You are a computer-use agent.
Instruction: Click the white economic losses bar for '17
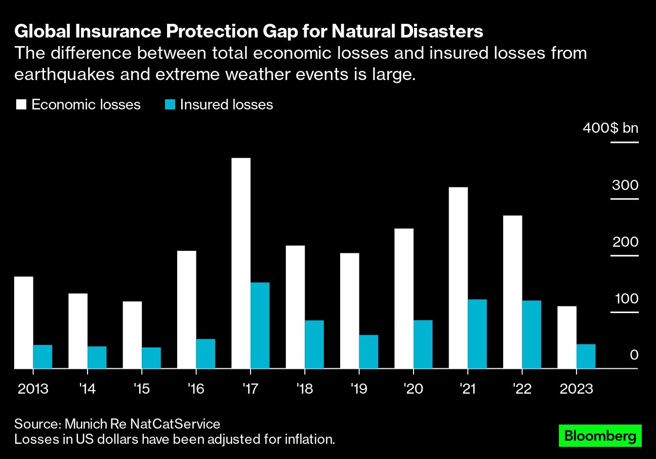point(241,263)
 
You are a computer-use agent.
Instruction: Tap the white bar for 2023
point(567,337)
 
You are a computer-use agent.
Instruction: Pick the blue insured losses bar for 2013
point(43,356)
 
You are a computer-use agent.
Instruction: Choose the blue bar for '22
point(531,334)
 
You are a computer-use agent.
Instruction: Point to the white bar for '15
point(132,335)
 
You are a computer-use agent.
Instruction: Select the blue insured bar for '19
point(368,351)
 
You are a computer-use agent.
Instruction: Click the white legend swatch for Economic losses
point(21,105)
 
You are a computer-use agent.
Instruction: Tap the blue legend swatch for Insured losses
point(170,105)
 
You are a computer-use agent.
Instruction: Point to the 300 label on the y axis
point(625,185)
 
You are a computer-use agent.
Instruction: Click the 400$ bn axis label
point(610,128)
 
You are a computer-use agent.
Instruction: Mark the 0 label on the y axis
point(634,355)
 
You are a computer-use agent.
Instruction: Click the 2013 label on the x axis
point(33,389)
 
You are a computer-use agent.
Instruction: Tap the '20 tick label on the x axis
point(413,389)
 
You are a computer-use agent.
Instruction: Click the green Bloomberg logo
point(600,436)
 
